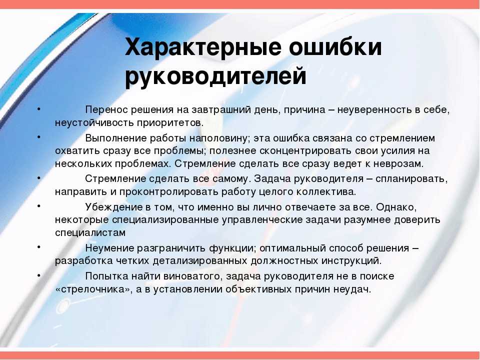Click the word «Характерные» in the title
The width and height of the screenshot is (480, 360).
pos(203,48)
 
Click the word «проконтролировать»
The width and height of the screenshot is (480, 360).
pos(168,192)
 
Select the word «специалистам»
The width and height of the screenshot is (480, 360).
pos(90,232)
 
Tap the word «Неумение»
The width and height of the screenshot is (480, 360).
pos(109,248)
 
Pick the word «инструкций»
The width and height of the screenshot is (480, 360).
pos(351,261)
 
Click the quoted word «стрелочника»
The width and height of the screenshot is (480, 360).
pos(95,289)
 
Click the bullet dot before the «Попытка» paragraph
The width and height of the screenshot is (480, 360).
pos(39,274)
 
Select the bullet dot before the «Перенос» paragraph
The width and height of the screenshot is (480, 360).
pos(39,108)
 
